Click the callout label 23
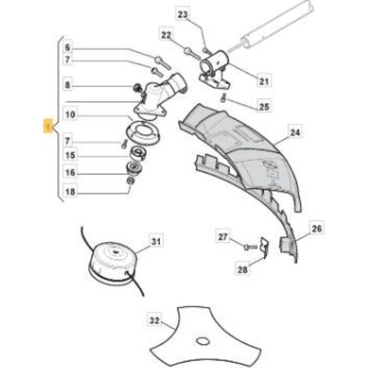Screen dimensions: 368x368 coord(182,14)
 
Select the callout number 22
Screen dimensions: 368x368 coord(166,34)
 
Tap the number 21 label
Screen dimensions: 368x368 coord(264,81)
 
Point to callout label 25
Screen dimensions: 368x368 coord(264,106)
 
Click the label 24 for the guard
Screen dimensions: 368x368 coord(295,132)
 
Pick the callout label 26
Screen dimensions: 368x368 coord(316,229)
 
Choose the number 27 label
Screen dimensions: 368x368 coord(223,236)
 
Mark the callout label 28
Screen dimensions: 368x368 coord(243,269)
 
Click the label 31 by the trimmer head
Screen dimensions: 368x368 coord(156,241)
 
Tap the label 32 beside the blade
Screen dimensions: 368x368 coord(154,320)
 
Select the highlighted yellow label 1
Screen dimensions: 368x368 coord(48,126)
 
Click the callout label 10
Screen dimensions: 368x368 coord(70,114)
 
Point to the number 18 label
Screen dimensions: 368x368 coord(70,192)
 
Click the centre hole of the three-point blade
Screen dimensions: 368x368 coord(204,341)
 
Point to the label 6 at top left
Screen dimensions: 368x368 coord(67,47)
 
